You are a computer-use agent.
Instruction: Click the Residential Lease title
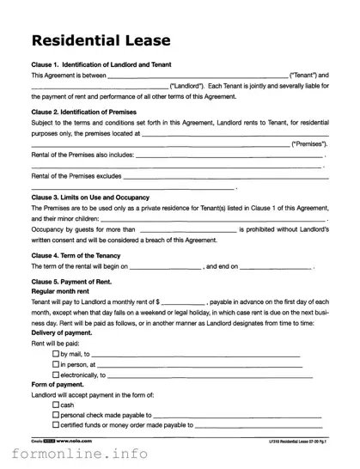100,40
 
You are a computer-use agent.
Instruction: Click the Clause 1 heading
101,64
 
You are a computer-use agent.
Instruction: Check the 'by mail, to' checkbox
56,354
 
